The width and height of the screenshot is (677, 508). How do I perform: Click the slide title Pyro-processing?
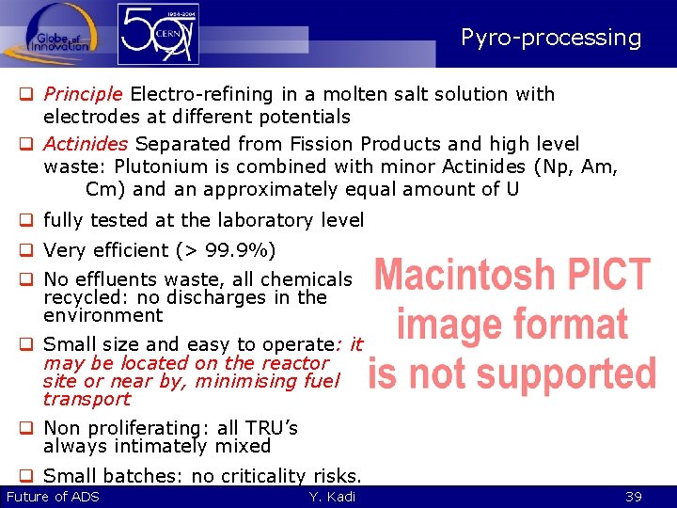click(x=551, y=39)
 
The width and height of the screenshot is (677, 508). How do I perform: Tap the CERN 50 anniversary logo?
click(x=159, y=35)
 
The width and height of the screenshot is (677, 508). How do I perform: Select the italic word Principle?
click(x=83, y=94)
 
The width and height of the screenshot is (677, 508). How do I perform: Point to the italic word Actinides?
click(x=86, y=144)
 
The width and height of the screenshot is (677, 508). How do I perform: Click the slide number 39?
click(x=633, y=497)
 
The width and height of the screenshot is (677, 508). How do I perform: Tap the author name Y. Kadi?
click(x=332, y=497)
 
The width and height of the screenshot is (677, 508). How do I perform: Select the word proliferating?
click(x=146, y=429)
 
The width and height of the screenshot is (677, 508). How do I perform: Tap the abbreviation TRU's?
click(x=274, y=429)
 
